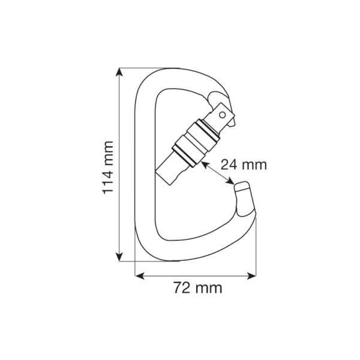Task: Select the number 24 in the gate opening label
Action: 230,164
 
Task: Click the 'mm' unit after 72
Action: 208,287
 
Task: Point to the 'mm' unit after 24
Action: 254,164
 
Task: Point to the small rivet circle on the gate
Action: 223,112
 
